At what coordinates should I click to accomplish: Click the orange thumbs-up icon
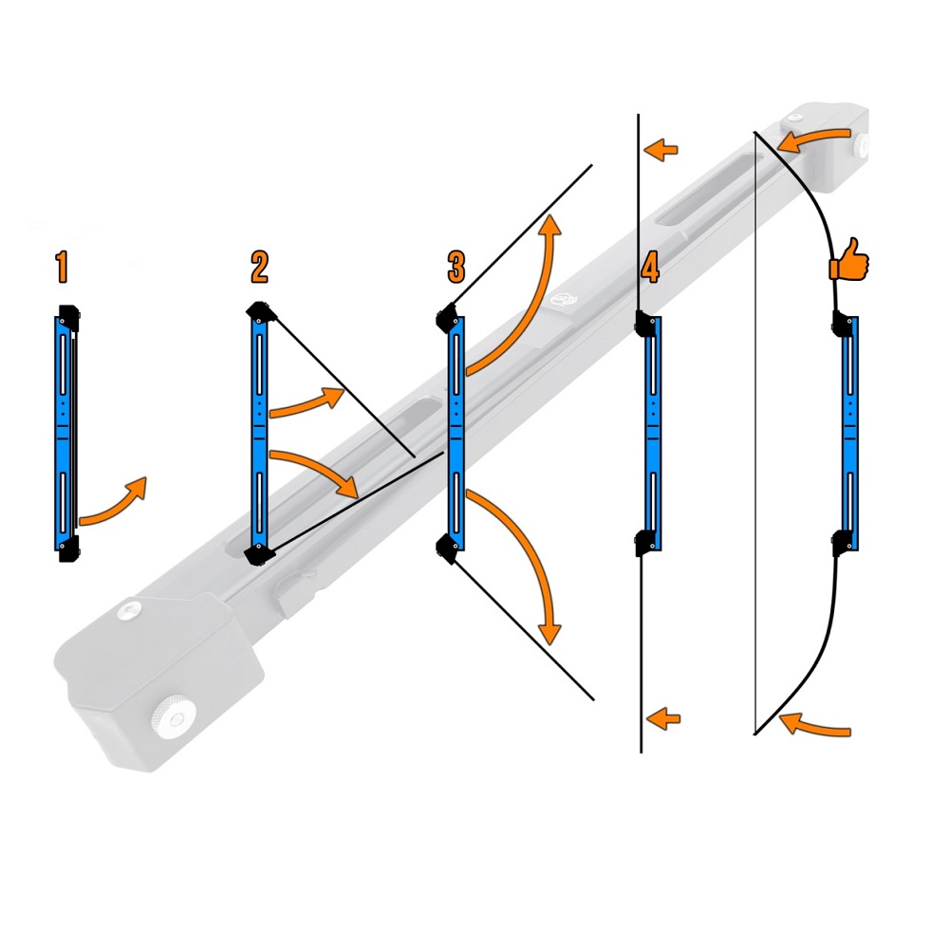point(849,259)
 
